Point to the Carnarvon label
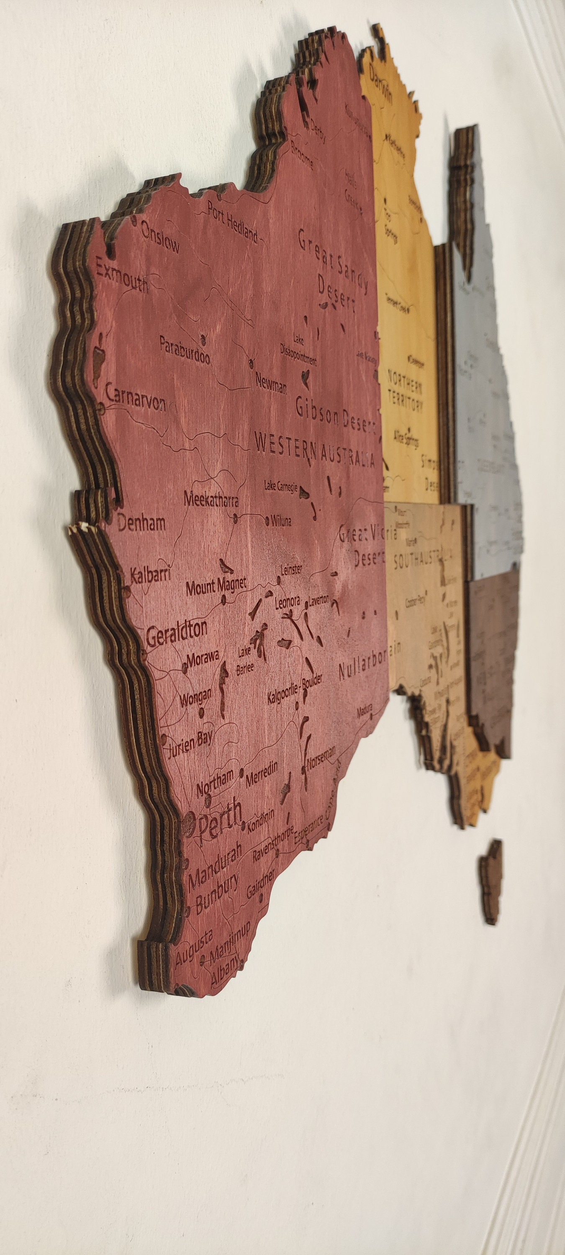click(136, 400)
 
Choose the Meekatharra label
click(211, 499)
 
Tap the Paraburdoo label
click(185, 350)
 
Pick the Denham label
click(141, 524)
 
